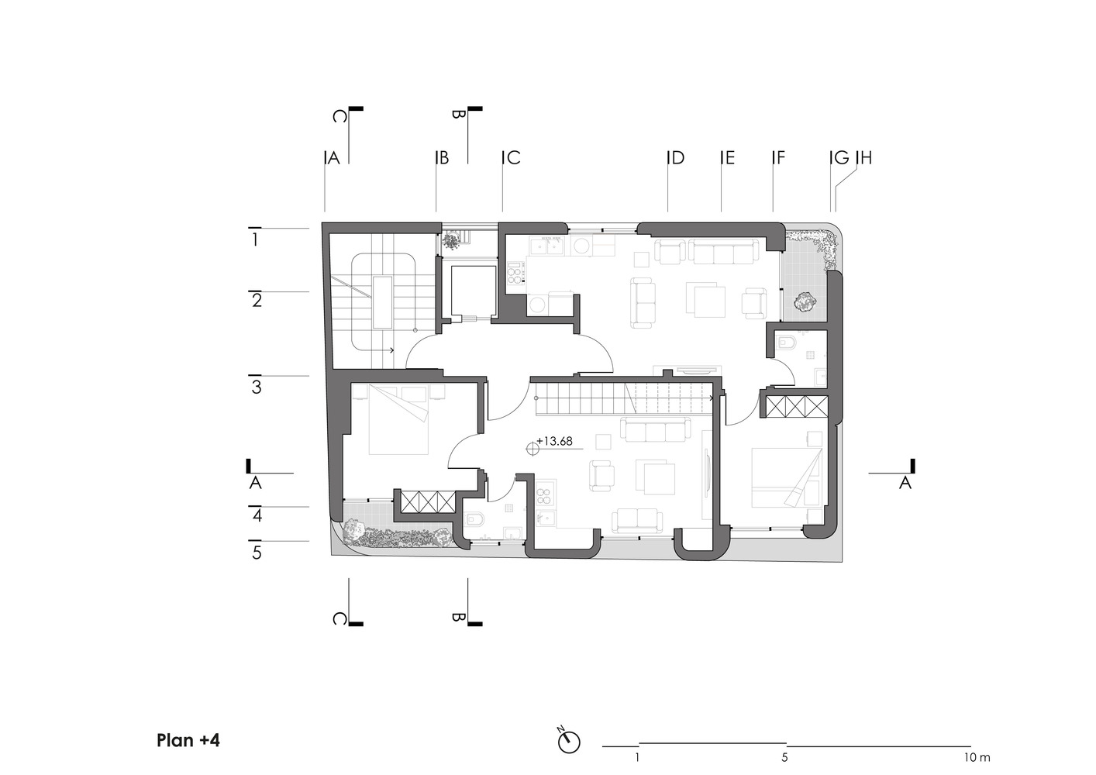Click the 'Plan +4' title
click(x=188, y=740)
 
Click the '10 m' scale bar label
click(x=977, y=758)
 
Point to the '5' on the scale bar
click(x=785, y=758)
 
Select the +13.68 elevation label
click(x=554, y=441)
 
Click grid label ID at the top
click(x=676, y=157)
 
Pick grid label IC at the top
click(x=512, y=157)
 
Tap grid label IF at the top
click(x=778, y=157)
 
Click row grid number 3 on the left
click(x=256, y=387)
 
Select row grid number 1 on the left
click(x=255, y=239)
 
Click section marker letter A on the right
click(x=905, y=483)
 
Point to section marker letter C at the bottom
click(x=339, y=619)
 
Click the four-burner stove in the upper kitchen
click(x=515, y=273)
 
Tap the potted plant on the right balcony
click(x=805, y=302)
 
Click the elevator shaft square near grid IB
click(x=474, y=291)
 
